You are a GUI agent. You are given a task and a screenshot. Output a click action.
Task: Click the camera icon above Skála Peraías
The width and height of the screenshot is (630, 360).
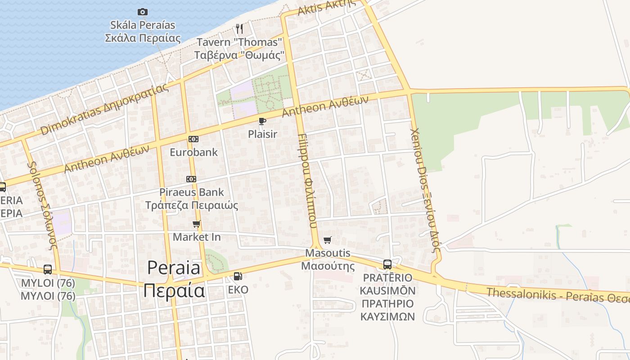click(x=143, y=12)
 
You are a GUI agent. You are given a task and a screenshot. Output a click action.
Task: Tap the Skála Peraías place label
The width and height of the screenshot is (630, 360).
click(x=143, y=31)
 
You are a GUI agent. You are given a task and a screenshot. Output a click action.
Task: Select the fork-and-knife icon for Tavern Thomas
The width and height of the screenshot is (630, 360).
click(x=239, y=29)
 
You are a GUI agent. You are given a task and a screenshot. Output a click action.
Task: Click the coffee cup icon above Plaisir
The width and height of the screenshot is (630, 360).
click(x=262, y=121)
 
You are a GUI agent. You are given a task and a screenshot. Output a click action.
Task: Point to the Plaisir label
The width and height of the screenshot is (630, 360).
click(x=262, y=134)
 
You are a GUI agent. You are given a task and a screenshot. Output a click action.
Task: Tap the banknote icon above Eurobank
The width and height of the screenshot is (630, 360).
click(x=193, y=139)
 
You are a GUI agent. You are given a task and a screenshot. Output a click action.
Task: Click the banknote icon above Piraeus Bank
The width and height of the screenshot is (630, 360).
click(x=191, y=179)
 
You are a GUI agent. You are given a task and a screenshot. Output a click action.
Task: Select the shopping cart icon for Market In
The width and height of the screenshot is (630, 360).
click(x=197, y=224)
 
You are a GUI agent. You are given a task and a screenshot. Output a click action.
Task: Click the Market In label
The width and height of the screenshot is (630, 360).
click(x=197, y=237)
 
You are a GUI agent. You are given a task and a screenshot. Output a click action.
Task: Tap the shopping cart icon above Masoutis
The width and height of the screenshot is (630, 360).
click(x=328, y=240)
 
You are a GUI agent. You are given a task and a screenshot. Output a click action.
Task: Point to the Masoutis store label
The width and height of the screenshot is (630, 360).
click(x=328, y=259)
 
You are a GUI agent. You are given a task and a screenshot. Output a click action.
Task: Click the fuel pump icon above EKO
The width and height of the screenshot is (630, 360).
click(x=238, y=276)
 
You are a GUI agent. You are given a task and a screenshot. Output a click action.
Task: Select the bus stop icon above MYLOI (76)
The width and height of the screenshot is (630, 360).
click(x=48, y=270)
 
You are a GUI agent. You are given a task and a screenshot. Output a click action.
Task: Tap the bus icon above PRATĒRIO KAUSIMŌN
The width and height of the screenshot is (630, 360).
click(x=387, y=264)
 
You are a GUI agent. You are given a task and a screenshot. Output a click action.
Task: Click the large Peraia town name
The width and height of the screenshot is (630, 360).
click(x=174, y=279)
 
